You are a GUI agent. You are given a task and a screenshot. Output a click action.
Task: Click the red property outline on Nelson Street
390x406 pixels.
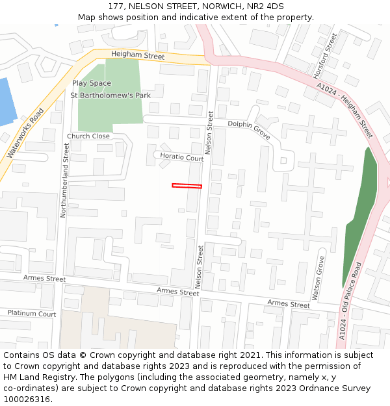coord(187,186)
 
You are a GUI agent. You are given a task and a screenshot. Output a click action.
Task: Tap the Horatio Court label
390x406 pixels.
coord(182,158)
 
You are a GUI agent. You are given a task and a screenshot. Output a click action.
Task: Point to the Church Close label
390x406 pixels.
coord(88,136)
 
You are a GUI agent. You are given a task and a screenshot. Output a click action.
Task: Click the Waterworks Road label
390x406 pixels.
coord(24,134)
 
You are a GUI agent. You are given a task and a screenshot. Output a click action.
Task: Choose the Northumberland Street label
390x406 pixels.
coord(64,180)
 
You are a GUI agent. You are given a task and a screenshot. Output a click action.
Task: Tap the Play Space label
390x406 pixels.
coord(92,83)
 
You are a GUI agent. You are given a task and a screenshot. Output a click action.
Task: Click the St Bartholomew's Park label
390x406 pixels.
coord(110,95)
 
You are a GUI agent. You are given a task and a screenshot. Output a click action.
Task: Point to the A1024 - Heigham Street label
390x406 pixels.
coord(344,110)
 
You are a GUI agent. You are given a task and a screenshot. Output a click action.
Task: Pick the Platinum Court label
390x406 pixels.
coord(32,313)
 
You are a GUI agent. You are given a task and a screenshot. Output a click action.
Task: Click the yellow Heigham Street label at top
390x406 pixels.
coord(138,57)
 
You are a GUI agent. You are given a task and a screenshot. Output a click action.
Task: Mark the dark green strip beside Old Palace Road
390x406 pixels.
coord(361,214)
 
